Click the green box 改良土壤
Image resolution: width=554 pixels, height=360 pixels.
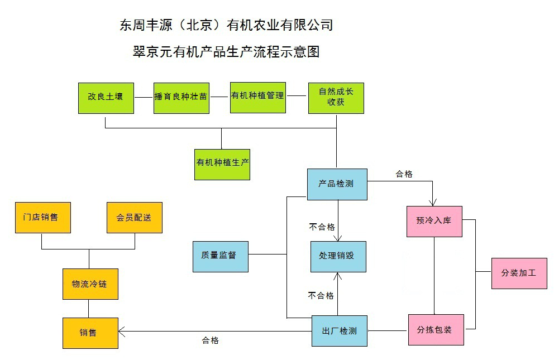point(106,97)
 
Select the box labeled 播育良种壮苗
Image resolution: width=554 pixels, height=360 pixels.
point(181,97)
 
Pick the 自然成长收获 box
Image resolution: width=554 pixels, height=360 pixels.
point(336,97)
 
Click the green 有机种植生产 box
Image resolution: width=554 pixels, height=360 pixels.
point(222,164)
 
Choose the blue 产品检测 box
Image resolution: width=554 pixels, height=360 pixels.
point(337,184)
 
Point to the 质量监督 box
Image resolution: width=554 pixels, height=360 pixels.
point(220,256)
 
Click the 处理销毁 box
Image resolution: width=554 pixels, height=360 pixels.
point(338,256)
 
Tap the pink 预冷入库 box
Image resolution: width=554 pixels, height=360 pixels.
point(434,221)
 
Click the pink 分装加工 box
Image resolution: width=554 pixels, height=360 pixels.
point(519,273)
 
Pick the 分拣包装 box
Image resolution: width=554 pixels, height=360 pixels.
point(435,329)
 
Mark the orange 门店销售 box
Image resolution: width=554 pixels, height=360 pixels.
point(42,217)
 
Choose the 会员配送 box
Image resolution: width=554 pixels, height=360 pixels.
point(134,217)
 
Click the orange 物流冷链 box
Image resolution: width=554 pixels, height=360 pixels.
point(89,284)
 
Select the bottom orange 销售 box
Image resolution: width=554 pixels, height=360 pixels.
point(89,333)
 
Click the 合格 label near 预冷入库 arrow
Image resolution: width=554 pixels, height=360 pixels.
point(404,174)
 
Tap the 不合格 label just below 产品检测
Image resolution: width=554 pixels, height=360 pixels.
point(322,227)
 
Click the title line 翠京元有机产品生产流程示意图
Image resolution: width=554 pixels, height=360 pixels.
point(226,52)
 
